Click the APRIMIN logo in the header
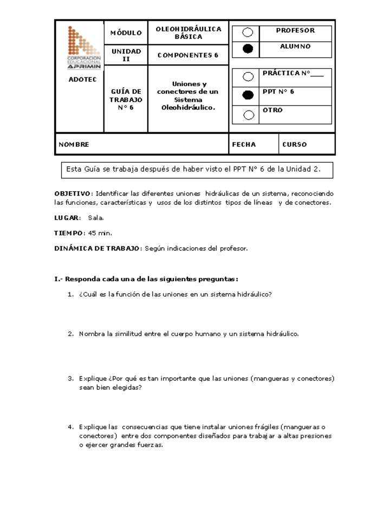point(83,48)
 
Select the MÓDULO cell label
point(126,33)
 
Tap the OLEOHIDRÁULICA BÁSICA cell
point(188,33)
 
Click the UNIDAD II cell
point(126,55)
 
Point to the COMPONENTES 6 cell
point(188,55)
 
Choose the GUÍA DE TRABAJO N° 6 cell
point(126,100)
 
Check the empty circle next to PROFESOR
point(248,33)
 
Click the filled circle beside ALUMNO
point(248,49)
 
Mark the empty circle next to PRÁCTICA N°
point(248,77)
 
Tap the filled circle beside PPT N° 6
point(248,95)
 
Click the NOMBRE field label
point(74,145)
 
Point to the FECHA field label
point(244,145)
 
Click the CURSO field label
point(294,145)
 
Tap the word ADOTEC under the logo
point(83,80)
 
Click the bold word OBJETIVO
point(73,193)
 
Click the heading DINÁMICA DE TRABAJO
point(97,248)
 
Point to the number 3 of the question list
point(70,379)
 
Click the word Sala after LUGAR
point(95,218)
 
